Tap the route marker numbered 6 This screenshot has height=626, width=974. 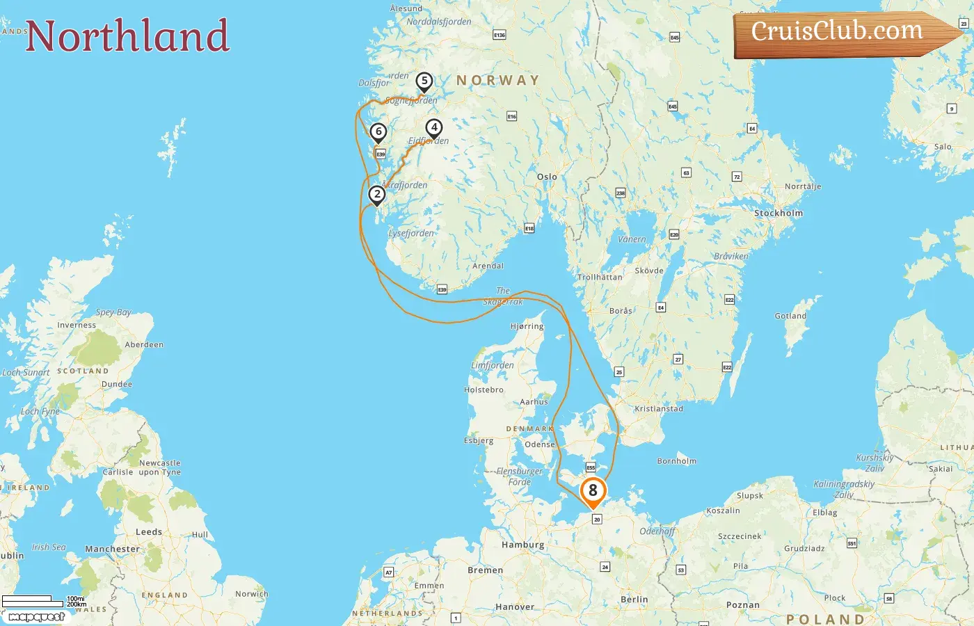378,132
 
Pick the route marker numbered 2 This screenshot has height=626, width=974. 376,195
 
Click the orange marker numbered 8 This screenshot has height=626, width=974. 593,491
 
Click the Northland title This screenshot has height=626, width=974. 127,36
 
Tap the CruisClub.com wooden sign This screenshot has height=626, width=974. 838,32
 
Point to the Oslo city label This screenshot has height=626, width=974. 547,177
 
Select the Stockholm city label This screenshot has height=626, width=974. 778,214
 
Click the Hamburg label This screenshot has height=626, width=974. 522,545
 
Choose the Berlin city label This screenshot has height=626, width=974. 634,600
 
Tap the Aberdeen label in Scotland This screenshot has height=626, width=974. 144,345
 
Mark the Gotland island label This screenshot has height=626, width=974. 790,316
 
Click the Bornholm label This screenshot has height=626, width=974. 676,461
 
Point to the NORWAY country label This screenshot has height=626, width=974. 497,81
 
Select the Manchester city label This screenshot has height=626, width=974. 112,549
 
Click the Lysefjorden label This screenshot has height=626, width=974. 410,234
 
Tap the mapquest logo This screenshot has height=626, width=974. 36,617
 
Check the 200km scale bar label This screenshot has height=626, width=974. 77,604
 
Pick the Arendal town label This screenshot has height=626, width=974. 488,266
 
